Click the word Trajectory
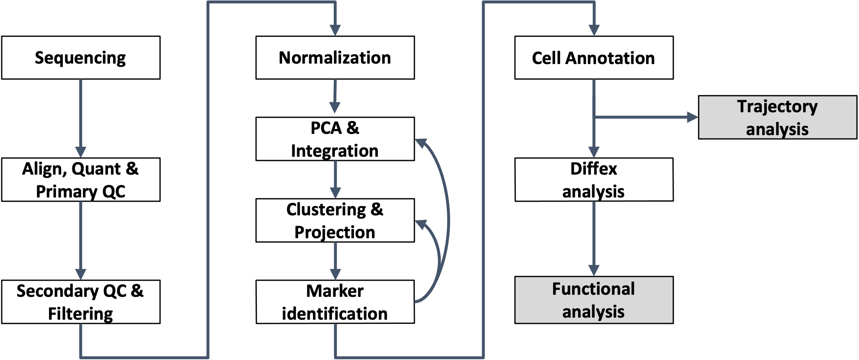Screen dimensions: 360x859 click(777, 107)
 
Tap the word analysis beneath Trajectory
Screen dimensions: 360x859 click(777, 129)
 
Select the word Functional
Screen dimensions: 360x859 click(593, 289)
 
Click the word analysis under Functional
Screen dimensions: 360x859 click(593, 312)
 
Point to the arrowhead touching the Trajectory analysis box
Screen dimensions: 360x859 click(693, 117)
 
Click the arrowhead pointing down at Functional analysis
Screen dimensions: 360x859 click(594, 270)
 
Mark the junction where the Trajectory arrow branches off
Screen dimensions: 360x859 click(594, 117)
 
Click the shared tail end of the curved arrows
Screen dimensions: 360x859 click(416, 301)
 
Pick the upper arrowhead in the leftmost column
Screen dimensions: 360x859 click(81, 152)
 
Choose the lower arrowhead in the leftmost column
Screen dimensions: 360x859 click(81, 274)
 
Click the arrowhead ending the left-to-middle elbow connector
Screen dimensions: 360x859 click(335, 30)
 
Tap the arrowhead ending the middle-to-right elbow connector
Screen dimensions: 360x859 click(594, 30)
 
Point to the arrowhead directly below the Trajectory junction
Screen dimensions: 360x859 click(594, 152)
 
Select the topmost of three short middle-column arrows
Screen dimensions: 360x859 click(335, 107)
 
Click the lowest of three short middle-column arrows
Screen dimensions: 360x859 click(335, 274)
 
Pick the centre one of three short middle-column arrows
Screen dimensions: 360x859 click(335, 193)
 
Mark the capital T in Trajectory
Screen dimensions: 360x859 click(742, 106)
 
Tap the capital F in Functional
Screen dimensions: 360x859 click(556, 289)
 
